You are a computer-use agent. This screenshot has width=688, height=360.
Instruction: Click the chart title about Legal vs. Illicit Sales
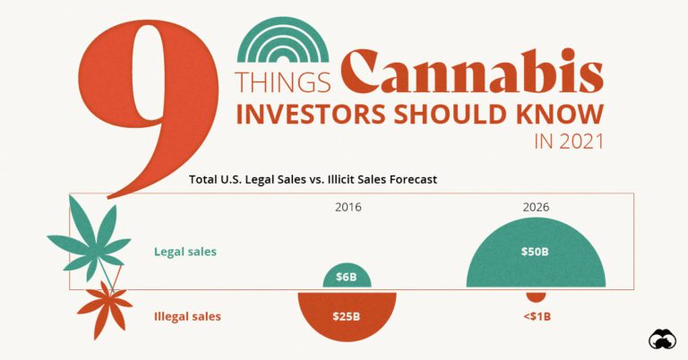click(313, 179)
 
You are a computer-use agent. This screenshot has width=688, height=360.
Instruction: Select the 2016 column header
click(347, 208)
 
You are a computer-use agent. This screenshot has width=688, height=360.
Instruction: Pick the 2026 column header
click(536, 208)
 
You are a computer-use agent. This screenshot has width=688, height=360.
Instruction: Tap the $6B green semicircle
click(347, 278)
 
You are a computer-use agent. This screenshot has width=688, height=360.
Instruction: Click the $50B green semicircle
click(536, 255)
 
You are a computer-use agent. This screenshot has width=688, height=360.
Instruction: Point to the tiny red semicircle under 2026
click(536, 296)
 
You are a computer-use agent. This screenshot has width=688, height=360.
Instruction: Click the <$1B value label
click(536, 317)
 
